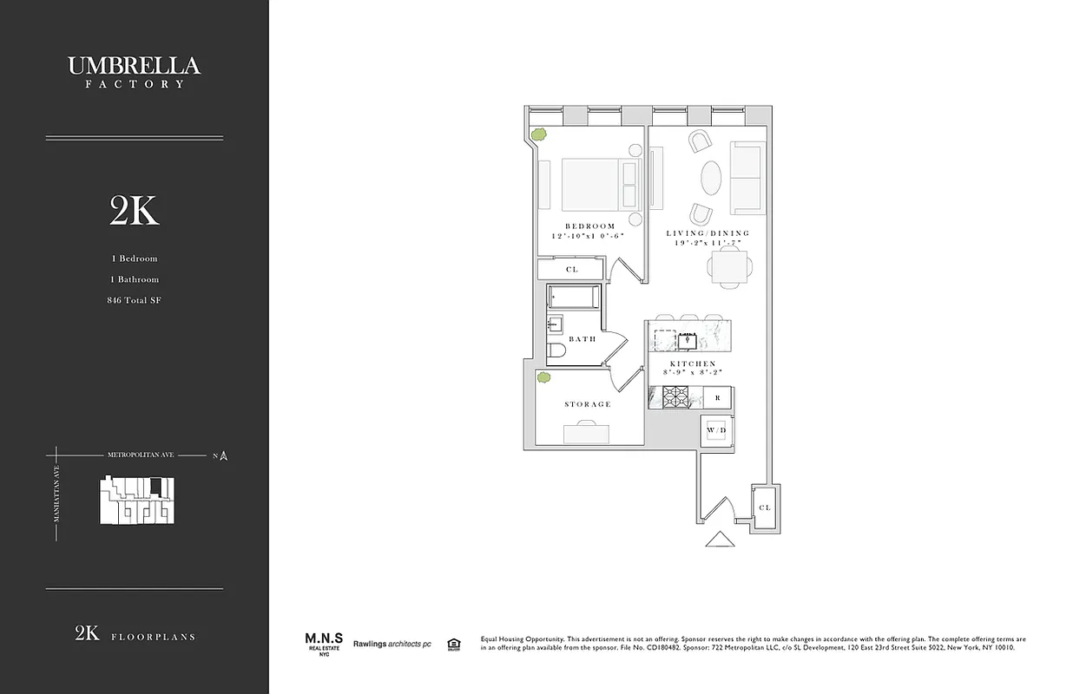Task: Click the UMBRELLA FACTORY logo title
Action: point(135,70)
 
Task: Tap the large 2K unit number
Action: point(135,211)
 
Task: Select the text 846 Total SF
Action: point(135,300)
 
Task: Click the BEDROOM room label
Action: point(589,226)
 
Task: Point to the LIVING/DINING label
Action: point(708,233)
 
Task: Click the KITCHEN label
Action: point(692,363)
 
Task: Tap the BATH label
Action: point(583,339)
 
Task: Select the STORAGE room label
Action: point(588,404)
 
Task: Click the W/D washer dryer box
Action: point(716,430)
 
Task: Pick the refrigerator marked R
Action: point(717,398)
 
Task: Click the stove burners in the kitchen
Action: point(675,398)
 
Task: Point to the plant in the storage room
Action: point(544,377)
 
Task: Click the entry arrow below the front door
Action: point(719,540)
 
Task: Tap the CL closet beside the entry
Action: point(764,507)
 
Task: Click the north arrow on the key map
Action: point(224,455)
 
